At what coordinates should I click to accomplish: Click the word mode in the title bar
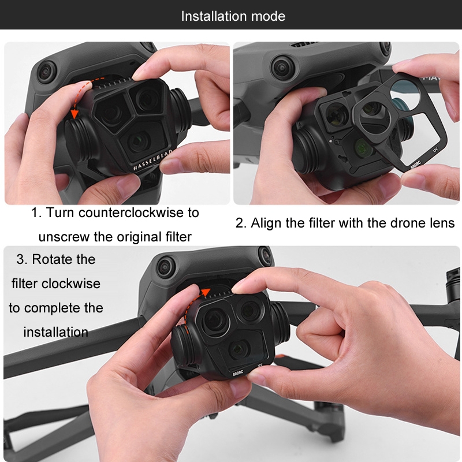pos(268,16)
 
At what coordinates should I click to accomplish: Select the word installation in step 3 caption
pos(56,332)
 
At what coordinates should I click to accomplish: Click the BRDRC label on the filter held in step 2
pos(416,165)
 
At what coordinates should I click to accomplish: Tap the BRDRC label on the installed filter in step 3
pos(238,372)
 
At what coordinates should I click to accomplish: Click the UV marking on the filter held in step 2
pos(435,150)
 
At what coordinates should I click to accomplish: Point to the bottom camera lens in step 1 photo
pos(137,141)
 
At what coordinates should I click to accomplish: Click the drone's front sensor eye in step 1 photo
pos(47,71)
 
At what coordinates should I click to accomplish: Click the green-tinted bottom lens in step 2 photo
pos(364,147)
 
